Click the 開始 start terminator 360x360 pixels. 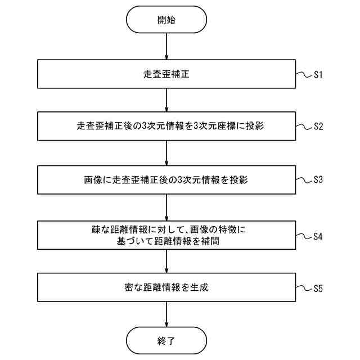point(166,20)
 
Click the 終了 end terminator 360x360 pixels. point(166,340)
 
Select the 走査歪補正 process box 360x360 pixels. point(166,73)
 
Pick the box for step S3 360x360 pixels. point(166,180)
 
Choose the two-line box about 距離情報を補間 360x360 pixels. point(166,235)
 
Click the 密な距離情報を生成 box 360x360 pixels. point(166,287)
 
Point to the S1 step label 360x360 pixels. point(318,74)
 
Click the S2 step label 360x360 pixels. point(318,127)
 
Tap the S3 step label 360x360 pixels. point(318,181)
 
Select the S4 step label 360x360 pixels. point(318,236)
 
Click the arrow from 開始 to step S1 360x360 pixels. point(166,46)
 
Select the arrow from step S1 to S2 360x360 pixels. point(166,100)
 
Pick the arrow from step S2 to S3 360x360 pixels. point(166,153)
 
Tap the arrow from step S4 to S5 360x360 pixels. point(166,261)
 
